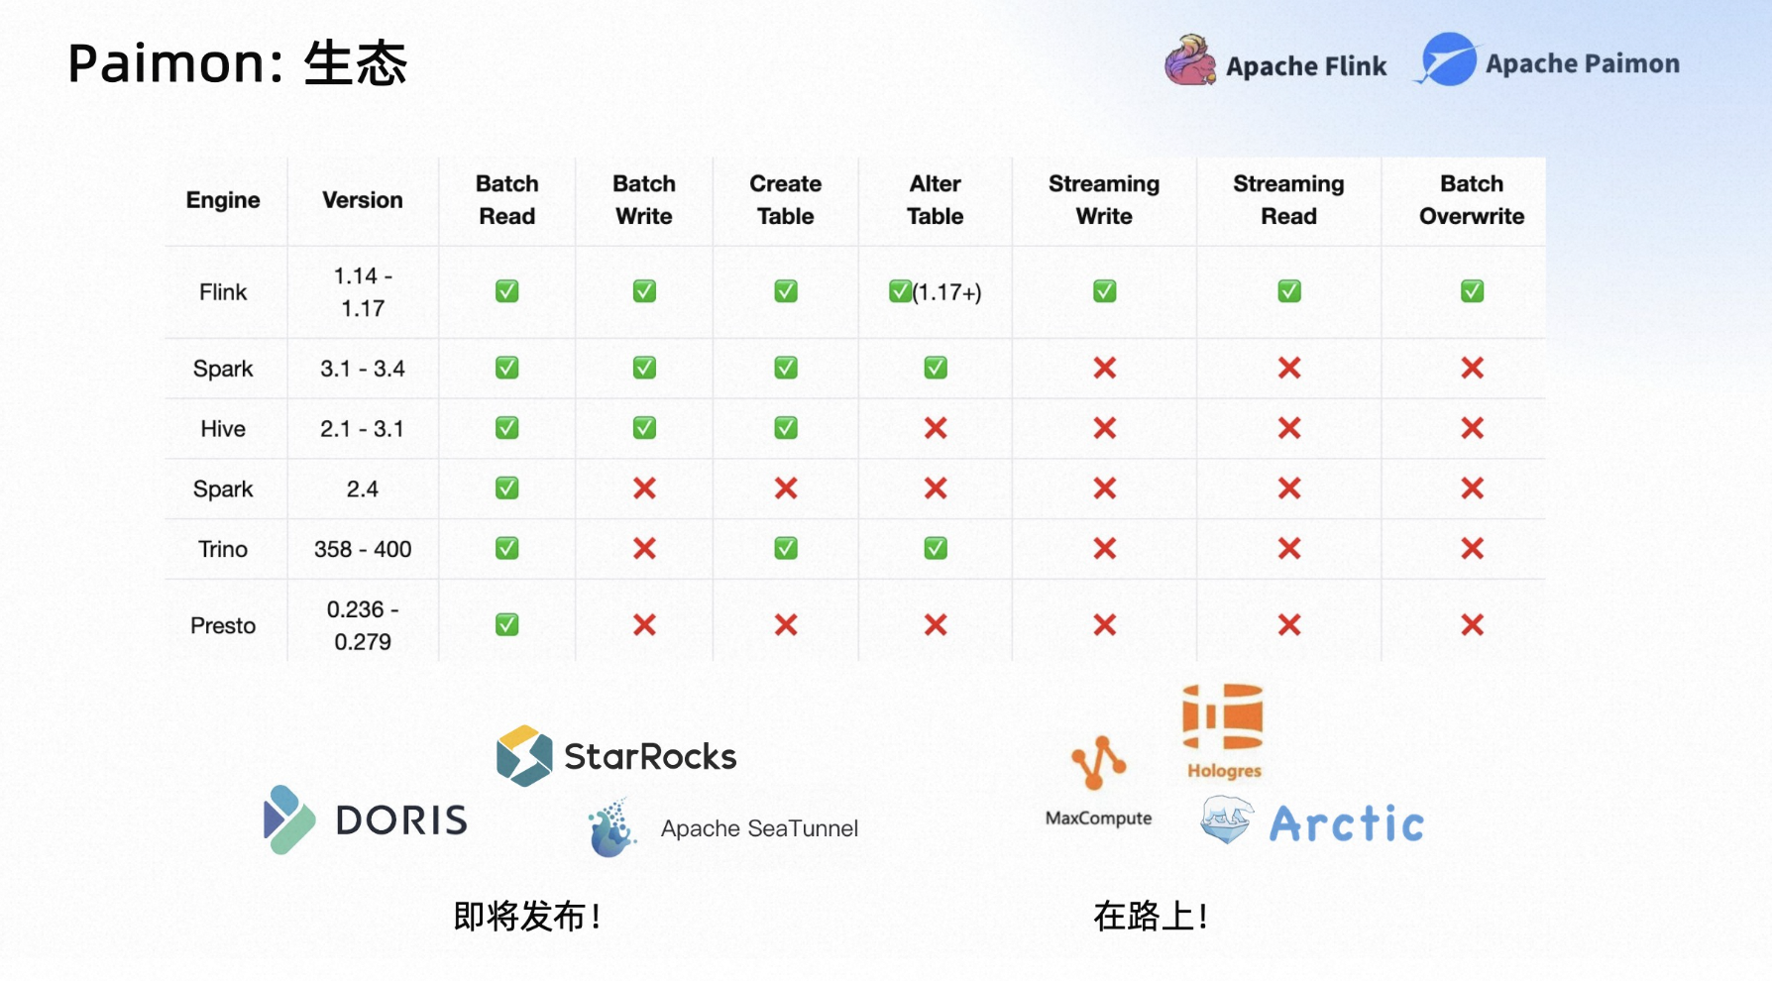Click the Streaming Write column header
1104,200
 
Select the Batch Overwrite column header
1472,200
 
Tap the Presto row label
223,625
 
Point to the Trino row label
223,549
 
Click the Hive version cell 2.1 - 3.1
362,429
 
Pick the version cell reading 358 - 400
363,549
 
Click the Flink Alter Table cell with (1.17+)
935,291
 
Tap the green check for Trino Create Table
786,548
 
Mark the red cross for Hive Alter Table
936,428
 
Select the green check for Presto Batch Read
506,624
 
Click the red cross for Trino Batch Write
644,548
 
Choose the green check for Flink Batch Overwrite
1472,290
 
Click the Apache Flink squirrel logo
1190,60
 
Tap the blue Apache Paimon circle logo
1448,59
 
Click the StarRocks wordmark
650,757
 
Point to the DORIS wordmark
401,819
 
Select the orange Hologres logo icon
1223,716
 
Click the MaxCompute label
1098,818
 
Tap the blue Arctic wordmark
1346,823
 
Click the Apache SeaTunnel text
759,828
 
